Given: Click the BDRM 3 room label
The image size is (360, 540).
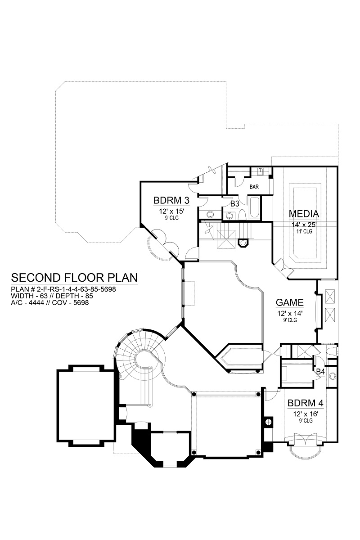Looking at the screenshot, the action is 171,200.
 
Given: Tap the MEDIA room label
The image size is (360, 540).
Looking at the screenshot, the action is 304,214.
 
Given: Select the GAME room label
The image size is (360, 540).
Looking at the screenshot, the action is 290,302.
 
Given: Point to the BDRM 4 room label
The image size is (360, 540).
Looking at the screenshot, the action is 306,403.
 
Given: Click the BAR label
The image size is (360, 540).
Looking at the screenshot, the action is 254,187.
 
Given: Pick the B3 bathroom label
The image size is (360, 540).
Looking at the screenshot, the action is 234,204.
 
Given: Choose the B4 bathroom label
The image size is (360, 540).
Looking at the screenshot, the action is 320,372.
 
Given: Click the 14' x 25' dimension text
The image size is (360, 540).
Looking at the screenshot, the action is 304,225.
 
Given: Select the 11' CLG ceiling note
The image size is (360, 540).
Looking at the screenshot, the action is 304,231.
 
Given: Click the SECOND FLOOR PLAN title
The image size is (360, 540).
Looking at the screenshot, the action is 74,278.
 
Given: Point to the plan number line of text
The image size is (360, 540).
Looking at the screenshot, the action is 63,289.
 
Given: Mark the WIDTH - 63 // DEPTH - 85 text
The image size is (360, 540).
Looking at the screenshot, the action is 52,296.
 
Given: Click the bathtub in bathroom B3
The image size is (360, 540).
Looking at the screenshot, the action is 255,208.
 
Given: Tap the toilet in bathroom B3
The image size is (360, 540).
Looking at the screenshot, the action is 242,214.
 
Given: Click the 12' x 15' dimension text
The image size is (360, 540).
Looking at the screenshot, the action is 171,211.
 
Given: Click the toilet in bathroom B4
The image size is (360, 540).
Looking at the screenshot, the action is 333,351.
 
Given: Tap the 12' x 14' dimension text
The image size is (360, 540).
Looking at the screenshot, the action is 290,313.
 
